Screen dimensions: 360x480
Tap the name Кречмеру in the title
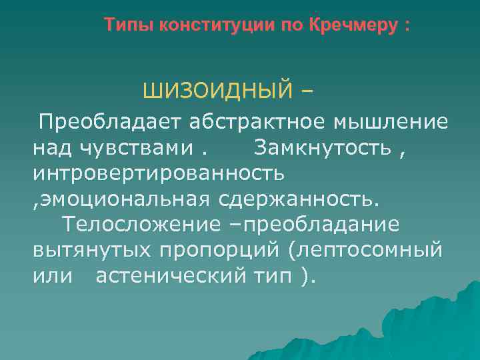pos(351,26)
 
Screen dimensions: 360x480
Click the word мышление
pos(389,122)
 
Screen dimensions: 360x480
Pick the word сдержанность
pos(297,198)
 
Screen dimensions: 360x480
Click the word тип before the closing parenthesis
pos(269,275)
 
